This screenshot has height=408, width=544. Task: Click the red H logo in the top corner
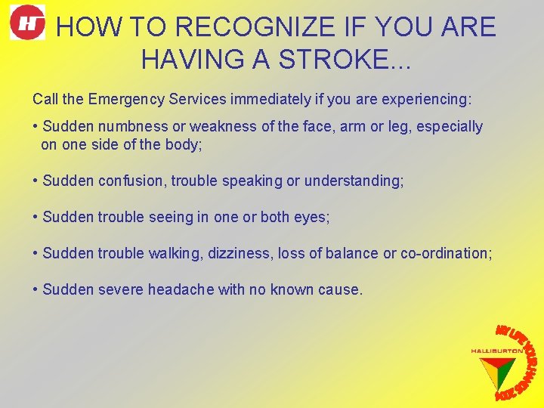[27, 23]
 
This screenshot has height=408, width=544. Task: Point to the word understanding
[354, 181]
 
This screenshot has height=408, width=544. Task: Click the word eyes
[313, 217]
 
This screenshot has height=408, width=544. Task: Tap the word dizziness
[238, 253]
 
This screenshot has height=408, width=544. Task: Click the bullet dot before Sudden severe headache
[36, 289]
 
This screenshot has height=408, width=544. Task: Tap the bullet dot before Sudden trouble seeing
[36, 217]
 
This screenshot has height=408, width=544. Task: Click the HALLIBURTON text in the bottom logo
[496, 351]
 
